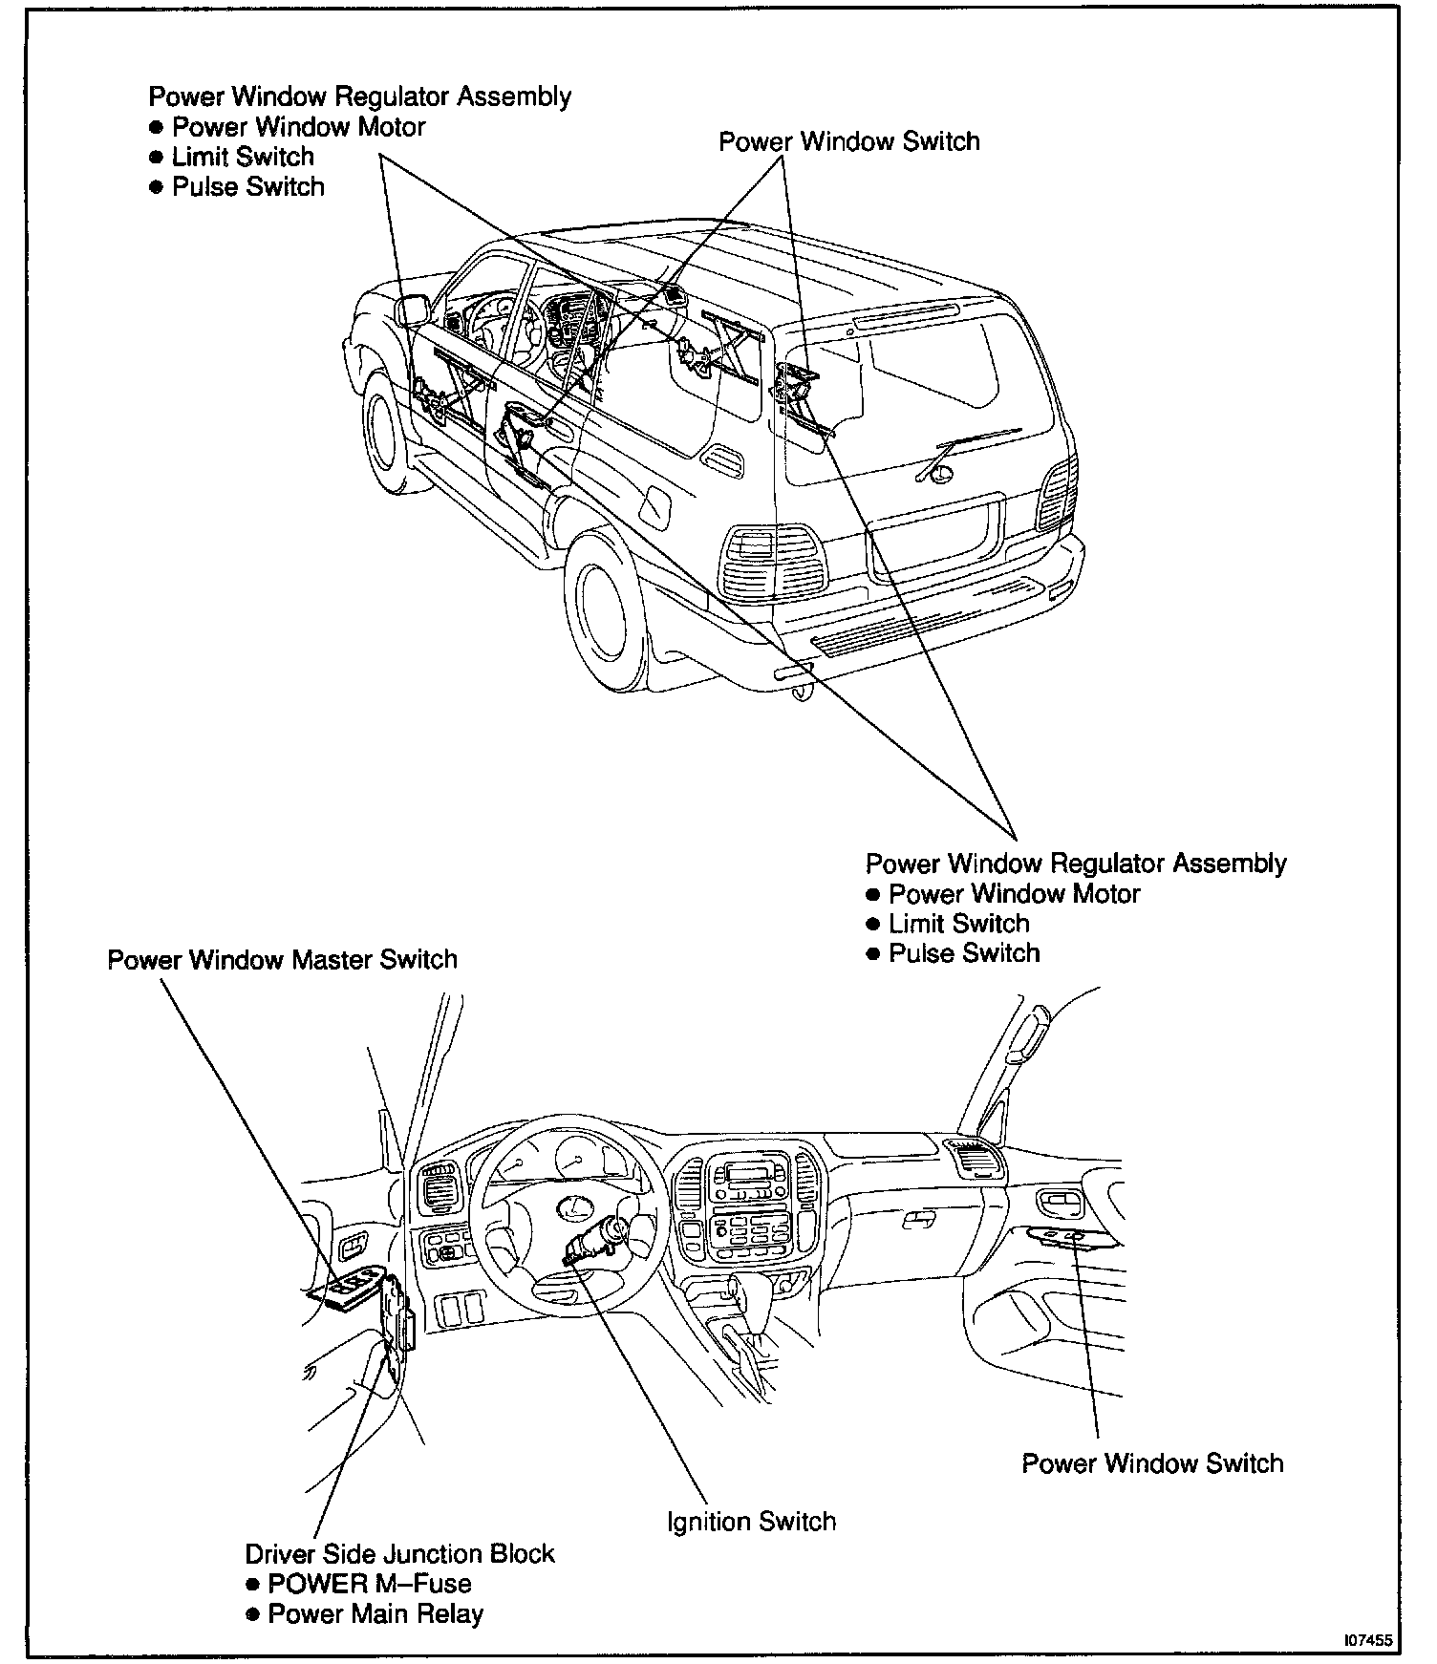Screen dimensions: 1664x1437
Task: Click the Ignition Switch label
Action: coord(751,1521)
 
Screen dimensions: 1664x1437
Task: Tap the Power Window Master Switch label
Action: coord(282,959)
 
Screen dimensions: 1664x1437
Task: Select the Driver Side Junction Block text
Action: coord(399,1554)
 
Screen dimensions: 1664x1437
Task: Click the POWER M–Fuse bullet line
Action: coord(369,1584)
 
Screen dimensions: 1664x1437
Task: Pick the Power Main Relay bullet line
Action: coord(375,1614)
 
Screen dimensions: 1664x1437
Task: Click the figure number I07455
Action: coord(1367,1641)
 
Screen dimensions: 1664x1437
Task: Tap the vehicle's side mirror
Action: coord(414,310)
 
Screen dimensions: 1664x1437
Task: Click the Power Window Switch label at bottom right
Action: coord(1152,1463)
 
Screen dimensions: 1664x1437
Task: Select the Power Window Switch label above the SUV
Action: coord(848,141)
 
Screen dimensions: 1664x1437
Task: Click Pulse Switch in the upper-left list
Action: coord(247,186)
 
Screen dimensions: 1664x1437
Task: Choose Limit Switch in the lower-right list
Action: coord(958,924)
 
